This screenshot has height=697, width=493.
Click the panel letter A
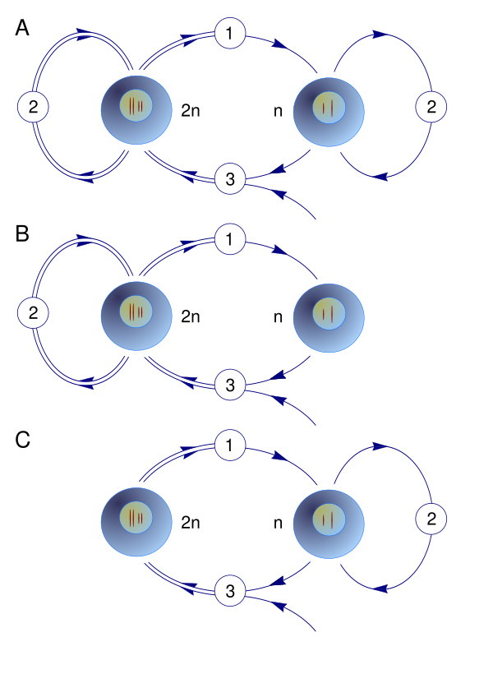point(22,28)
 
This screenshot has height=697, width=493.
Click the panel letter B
point(22,233)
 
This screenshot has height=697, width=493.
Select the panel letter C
point(23,440)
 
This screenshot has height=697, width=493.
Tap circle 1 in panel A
point(230,33)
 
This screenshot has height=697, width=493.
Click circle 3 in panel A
point(230,178)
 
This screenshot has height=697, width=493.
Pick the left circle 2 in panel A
point(33,107)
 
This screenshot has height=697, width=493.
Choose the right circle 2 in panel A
point(431,107)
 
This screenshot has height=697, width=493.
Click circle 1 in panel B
point(230,239)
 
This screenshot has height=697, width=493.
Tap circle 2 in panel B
point(33,312)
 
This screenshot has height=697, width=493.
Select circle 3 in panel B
point(230,385)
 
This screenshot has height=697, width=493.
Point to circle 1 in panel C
point(230,445)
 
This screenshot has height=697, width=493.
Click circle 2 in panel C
point(431,519)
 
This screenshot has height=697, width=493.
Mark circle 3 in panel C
point(230,591)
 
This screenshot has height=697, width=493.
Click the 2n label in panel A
point(191,111)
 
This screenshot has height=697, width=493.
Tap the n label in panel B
point(278,317)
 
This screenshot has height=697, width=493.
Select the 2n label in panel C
point(191,522)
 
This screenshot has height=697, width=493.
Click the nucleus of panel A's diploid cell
point(136,105)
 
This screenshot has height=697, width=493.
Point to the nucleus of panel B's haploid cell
point(329,313)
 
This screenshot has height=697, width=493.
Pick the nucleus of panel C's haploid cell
point(329,519)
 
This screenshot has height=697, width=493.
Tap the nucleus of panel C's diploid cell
point(136,518)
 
